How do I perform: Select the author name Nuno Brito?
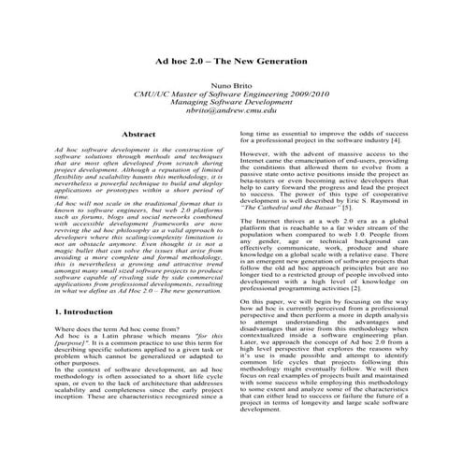coord(231,82)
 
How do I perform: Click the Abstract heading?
coord(139,135)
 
